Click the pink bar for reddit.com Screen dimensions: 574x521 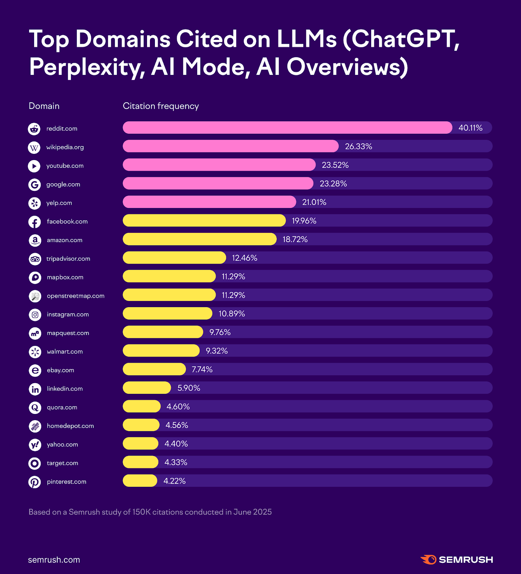287,128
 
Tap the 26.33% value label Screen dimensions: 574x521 358,146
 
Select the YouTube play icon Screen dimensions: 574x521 34,166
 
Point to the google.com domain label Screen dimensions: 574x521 63,184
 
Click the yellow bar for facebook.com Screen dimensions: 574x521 204,221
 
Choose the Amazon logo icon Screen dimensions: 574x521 35,240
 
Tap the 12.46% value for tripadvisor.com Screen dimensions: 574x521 245,258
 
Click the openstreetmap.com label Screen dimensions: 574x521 75,296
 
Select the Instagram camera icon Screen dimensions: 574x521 35,315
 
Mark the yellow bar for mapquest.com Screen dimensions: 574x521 163,332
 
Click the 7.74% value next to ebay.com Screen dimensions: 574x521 202,370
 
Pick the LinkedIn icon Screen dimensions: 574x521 35,389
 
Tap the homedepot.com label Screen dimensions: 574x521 70,426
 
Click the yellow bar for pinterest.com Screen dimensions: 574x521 140,481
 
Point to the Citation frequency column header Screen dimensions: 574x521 161,106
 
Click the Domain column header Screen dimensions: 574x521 44,106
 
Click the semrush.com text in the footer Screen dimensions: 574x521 54,560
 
